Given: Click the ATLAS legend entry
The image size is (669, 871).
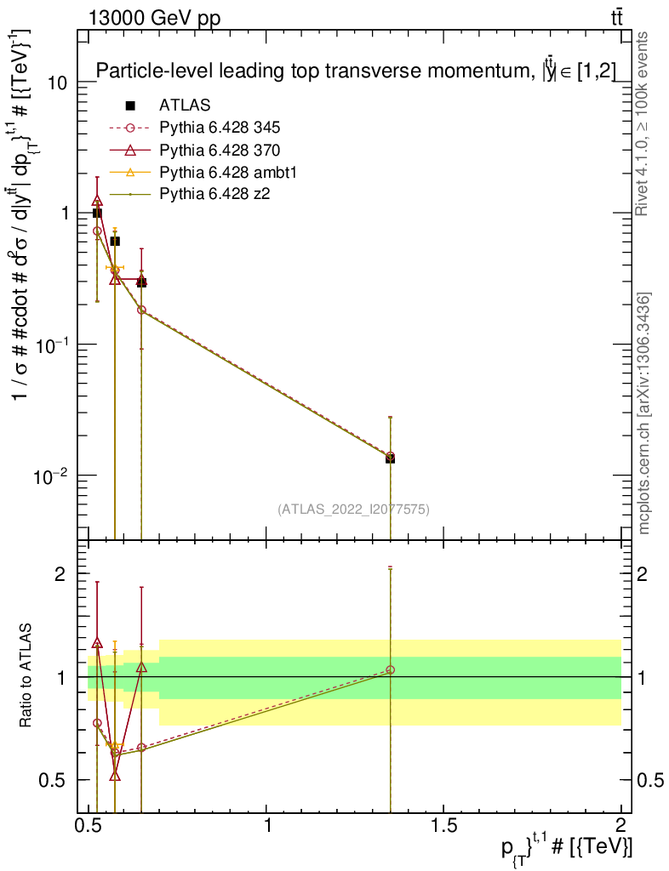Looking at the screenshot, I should point(185,105).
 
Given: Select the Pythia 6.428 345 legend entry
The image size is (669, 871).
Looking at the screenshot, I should point(220,128).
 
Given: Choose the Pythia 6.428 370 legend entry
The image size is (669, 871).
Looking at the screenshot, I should point(220,151).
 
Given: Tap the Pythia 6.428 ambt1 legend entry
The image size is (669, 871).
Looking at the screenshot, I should point(226,173).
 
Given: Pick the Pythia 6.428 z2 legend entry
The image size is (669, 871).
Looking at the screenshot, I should point(214,195).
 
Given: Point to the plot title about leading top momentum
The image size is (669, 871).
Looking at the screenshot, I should point(356,71).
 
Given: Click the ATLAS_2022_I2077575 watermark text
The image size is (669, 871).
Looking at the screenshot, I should point(353,510).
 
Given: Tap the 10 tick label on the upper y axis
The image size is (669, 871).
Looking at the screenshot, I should point(57,83).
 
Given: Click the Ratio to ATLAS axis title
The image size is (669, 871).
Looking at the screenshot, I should point(26,676).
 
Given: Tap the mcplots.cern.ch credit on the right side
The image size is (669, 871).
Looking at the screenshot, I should point(644,413).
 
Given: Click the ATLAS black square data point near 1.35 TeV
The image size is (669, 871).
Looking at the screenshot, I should point(390,458).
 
